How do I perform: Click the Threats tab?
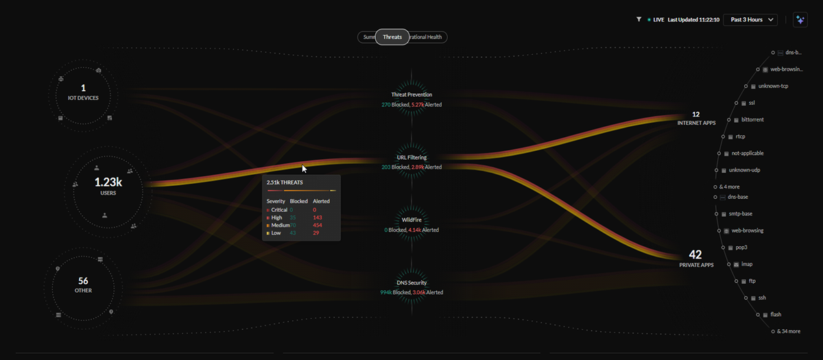392,37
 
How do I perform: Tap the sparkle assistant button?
800,20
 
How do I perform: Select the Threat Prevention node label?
411,95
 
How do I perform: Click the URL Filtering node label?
411,158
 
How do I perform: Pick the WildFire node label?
411,220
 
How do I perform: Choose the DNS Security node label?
411,283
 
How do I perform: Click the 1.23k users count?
108,182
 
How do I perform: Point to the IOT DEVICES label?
84,98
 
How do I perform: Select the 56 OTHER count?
83,281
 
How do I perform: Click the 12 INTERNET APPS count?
695,115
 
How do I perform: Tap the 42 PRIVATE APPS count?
696,254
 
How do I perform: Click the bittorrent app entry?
752,120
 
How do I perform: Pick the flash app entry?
776,315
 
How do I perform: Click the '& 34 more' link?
787,331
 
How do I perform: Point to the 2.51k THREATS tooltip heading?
285,182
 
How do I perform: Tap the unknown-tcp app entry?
773,86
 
